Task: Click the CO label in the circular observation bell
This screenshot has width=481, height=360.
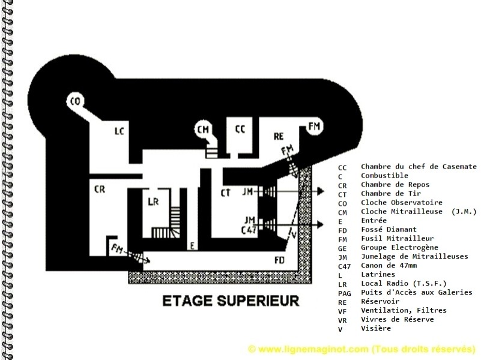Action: coord(76,101)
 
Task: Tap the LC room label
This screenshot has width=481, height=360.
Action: coord(119,131)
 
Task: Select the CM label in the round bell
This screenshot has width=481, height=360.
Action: coord(203,130)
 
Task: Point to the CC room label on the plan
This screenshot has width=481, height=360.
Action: coord(240,129)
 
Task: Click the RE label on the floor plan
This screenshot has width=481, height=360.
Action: coord(279,136)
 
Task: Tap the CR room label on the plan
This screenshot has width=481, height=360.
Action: coord(100,190)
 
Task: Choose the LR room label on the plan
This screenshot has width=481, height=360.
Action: coord(153,202)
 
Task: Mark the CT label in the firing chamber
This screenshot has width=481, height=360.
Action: coord(225,193)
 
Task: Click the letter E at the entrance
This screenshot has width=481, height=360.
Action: coord(192,245)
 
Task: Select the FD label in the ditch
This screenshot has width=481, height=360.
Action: coord(279,260)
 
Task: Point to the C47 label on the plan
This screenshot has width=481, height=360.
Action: coord(249,230)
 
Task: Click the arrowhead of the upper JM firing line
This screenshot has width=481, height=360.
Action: coord(321,191)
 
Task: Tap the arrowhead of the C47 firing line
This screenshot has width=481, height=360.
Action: coord(320,224)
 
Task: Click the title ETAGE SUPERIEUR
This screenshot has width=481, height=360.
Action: coord(231,301)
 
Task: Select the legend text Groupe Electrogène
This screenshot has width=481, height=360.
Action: coord(399,248)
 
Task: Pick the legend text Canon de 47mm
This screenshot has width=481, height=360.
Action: coord(389,265)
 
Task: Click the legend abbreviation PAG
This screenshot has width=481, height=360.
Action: coord(345,293)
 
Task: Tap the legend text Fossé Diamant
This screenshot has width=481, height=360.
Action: coord(389,229)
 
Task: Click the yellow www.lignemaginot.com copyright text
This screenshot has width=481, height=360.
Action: coord(362,349)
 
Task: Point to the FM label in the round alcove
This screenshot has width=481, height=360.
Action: coord(314,126)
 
